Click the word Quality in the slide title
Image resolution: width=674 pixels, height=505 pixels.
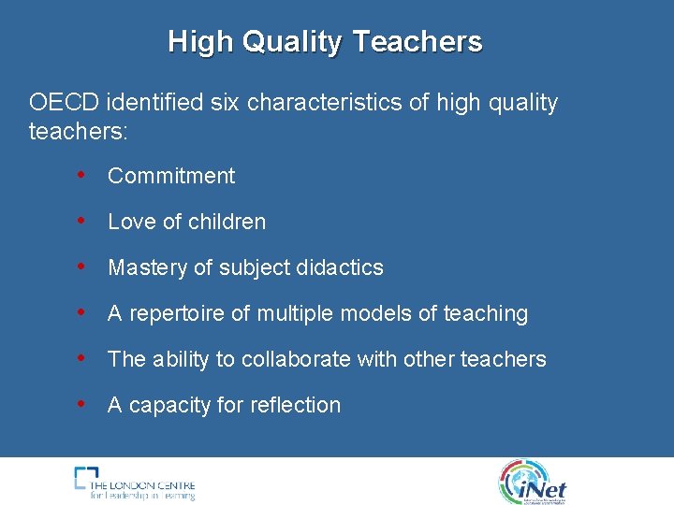pos(291,42)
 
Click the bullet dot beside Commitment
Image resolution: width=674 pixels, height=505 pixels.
pos(82,175)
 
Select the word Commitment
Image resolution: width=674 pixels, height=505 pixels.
pos(171,176)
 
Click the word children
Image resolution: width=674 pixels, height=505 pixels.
pos(227,222)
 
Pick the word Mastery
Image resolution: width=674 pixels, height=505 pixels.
pos(147,267)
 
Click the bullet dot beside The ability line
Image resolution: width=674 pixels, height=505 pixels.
pos(82,358)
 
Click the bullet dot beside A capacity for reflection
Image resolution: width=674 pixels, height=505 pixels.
pos(82,404)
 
